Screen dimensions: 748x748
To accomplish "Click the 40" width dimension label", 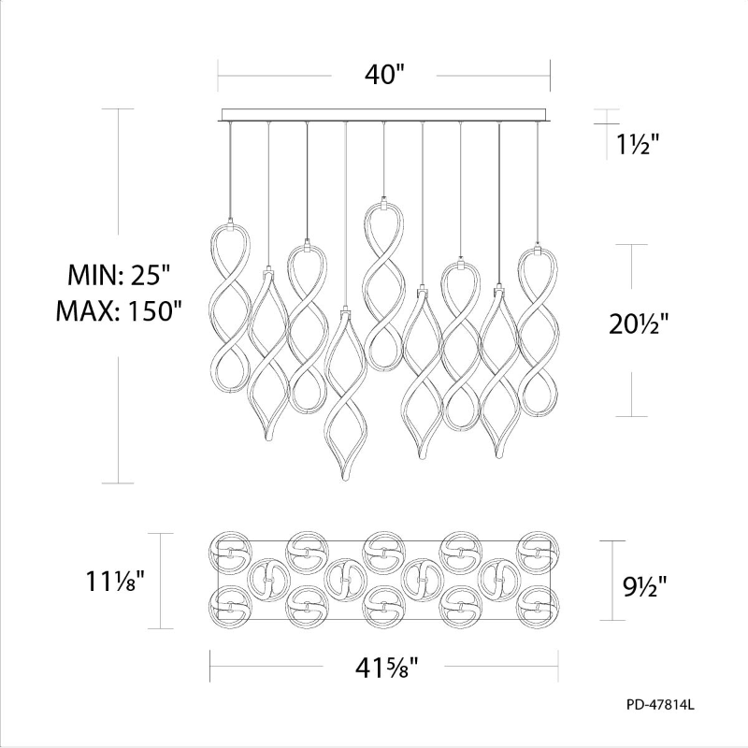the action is (384, 75).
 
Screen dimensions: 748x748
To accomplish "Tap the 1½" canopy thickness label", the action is (638, 143).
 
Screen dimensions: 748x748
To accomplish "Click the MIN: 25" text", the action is (119, 274).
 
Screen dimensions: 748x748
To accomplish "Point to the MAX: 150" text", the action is (120, 311).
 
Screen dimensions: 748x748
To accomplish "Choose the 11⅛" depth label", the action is (114, 581).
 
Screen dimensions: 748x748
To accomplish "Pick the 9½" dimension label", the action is (644, 587).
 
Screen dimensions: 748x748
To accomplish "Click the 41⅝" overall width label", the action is (386, 668).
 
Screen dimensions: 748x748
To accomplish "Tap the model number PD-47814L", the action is (661, 705).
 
